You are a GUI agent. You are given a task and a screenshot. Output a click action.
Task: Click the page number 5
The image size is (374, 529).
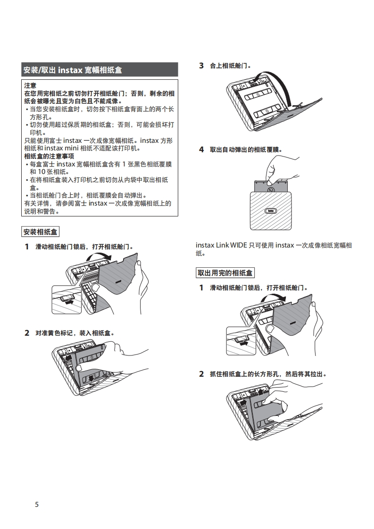(x=37, y=504)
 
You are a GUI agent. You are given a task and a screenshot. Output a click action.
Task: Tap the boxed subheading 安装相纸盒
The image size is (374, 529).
(x=41, y=231)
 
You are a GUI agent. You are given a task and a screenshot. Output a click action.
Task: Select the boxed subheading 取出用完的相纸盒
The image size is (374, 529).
(x=225, y=273)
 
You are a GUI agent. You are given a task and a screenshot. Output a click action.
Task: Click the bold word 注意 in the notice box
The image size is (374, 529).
(x=30, y=86)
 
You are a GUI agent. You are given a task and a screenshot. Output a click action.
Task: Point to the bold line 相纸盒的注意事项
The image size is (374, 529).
(x=49, y=156)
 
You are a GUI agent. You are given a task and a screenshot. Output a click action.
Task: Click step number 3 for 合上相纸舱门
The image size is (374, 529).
(x=201, y=66)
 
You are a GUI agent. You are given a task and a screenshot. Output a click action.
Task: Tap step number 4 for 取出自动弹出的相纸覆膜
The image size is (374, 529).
(x=201, y=149)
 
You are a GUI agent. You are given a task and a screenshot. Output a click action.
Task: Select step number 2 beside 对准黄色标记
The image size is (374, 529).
(x=27, y=333)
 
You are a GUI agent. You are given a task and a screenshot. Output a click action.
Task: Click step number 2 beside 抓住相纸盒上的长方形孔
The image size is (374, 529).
(x=201, y=374)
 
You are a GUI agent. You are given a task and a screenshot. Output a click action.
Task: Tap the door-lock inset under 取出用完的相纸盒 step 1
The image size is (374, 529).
(x=241, y=340)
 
